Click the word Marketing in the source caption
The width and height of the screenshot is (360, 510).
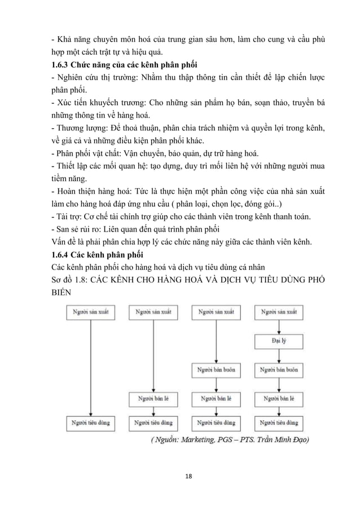[x=207, y=439]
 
